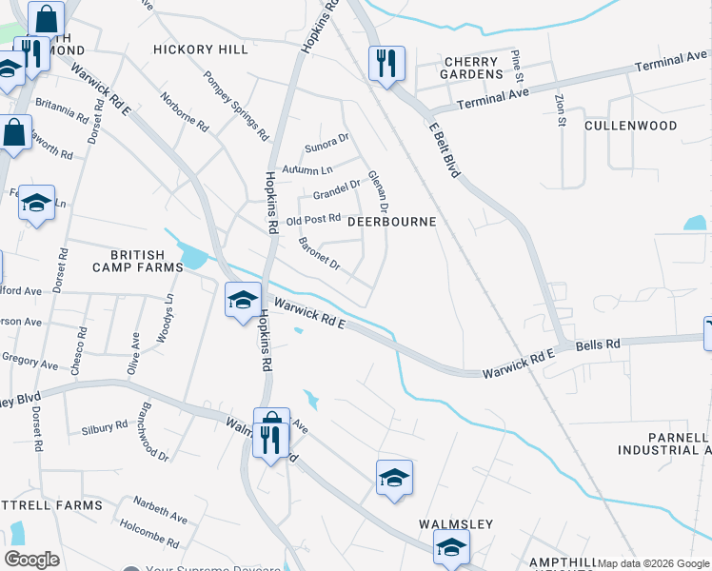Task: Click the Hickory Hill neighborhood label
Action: tap(201, 49)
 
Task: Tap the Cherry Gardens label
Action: tap(472, 68)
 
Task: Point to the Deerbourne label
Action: tap(391, 222)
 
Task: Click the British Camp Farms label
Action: tap(145, 262)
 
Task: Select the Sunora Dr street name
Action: tap(327, 147)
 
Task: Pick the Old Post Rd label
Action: tap(313, 220)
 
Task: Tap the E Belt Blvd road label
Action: tap(445, 148)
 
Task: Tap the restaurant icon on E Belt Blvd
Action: tap(386, 65)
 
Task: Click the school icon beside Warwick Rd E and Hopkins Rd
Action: tap(243, 301)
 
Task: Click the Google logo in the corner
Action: tap(32, 560)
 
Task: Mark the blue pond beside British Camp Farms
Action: tap(191, 256)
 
